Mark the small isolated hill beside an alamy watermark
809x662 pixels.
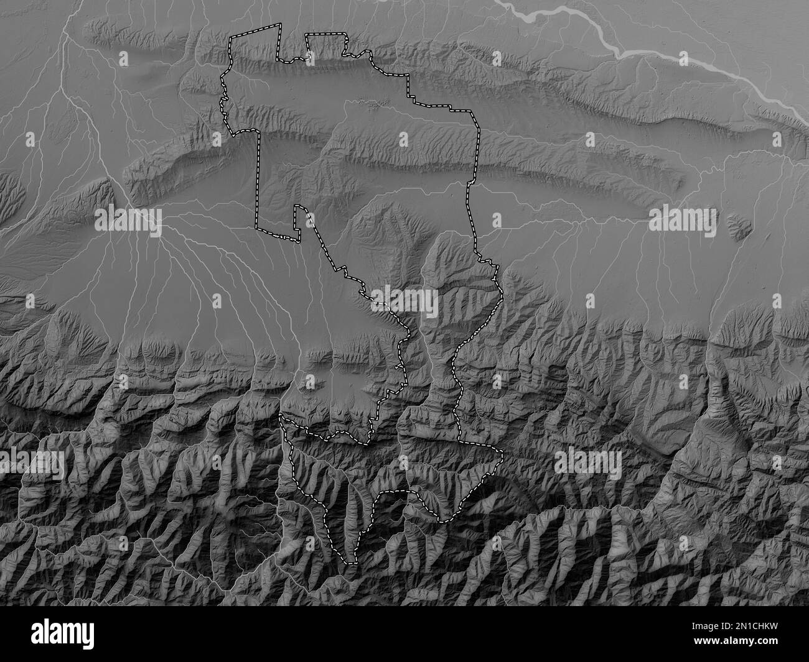tap(737, 228)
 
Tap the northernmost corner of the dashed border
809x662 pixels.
tap(279, 23)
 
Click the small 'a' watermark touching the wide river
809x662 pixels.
tap(683, 58)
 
